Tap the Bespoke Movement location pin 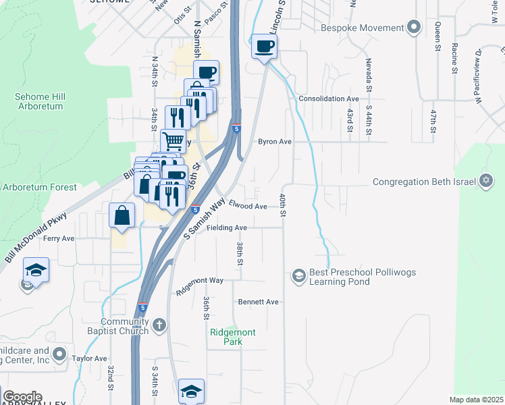pyautogui.click(x=415, y=28)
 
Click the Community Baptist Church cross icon pyautogui.click(x=159, y=326)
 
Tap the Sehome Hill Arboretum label pyautogui.click(x=38, y=102)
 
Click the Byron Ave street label pyautogui.click(x=275, y=142)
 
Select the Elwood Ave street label pyautogui.click(x=248, y=206)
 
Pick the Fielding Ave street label pyautogui.click(x=227, y=228)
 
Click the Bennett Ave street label pyautogui.click(x=258, y=302)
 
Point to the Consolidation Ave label pyautogui.click(x=327, y=99)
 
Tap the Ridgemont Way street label pyautogui.click(x=199, y=285)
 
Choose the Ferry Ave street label pyautogui.click(x=59, y=238)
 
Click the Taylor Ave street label pyautogui.click(x=90, y=358)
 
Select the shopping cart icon pyautogui.click(x=174, y=141)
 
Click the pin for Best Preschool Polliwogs pyautogui.click(x=298, y=275)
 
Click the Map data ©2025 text pyautogui.click(x=476, y=400)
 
